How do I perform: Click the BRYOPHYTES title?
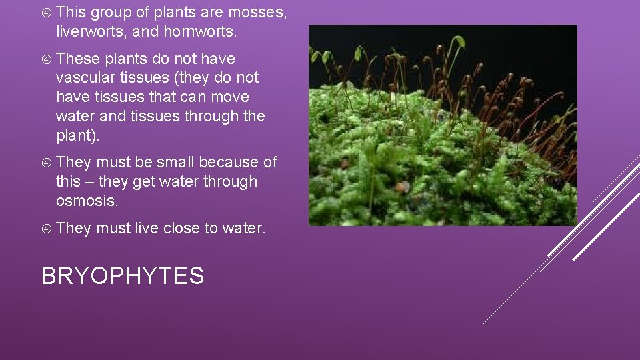[122, 275]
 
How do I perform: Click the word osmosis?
[87, 201]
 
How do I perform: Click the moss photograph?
[442, 125]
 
